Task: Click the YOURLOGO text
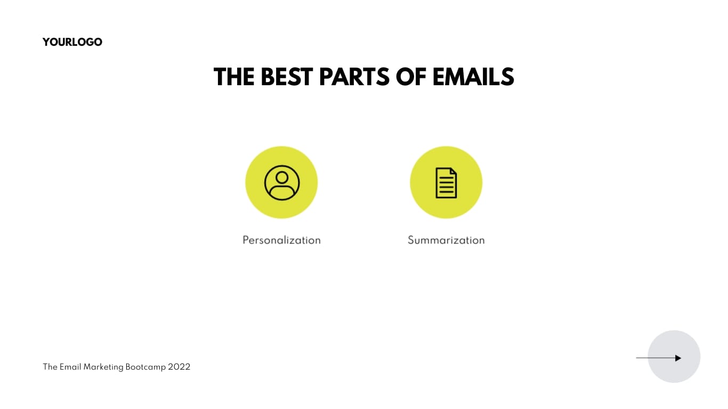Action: pos(72,42)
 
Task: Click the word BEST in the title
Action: pos(287,77)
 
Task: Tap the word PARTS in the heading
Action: pos(354,77)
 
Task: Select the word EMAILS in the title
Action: pos(473,77)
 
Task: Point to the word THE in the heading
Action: pos(234,77)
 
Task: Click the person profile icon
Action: pos(281,183)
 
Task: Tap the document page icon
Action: pos(446,183)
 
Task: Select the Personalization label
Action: pos(281,240)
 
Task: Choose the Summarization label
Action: pos(446,240)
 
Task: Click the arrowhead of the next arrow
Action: pos(678,358)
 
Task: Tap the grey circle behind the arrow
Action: pos(674,373)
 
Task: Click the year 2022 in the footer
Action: pos(179,367)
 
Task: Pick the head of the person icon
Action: pos(282,177)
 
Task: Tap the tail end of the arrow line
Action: pos(638,358)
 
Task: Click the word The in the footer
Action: pos(50,367)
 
